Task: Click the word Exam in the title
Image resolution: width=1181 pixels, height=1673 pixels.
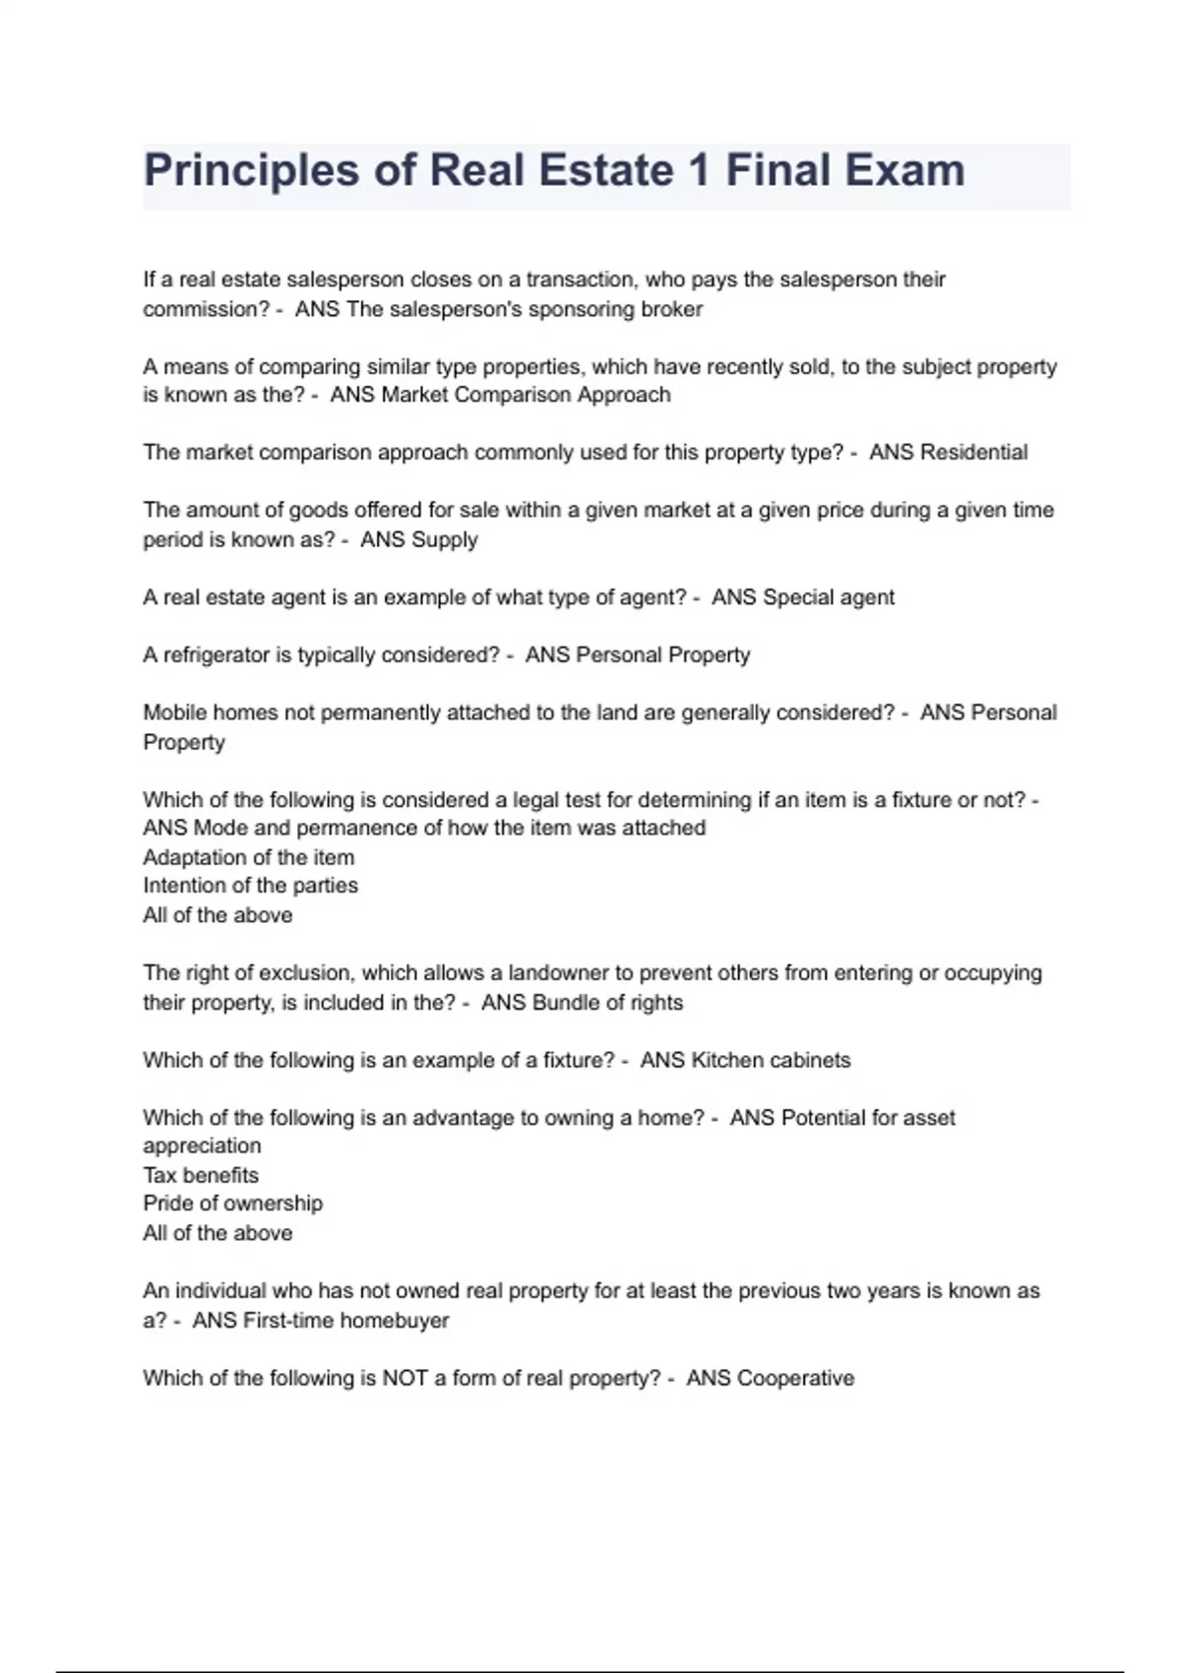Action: tap(903, 170)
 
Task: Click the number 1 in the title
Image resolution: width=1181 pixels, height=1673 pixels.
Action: tap(699, 170)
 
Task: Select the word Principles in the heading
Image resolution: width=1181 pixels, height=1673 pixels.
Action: tap(251, 170)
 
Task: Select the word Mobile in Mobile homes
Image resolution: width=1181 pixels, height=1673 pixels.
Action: tap(174, 713)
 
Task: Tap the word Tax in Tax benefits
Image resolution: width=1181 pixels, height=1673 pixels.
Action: tap(159, 1175)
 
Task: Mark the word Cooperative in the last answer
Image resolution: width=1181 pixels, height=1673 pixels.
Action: tap(795, 1379)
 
